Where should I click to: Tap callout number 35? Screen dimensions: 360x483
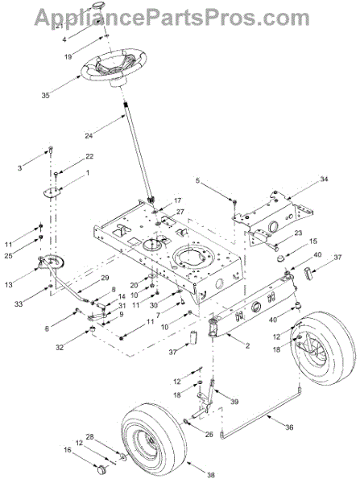click(45, 96)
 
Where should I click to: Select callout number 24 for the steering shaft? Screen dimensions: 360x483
click(89, 135)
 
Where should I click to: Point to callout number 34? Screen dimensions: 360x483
click(324, 179)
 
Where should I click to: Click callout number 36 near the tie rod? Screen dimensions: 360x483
click(289, 427)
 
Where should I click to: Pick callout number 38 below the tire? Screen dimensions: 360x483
click(211, 475)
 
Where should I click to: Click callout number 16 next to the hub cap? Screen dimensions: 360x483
click(67, 450)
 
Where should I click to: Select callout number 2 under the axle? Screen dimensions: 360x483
click(247, 345)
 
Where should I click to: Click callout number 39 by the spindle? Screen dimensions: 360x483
click(234, 402)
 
